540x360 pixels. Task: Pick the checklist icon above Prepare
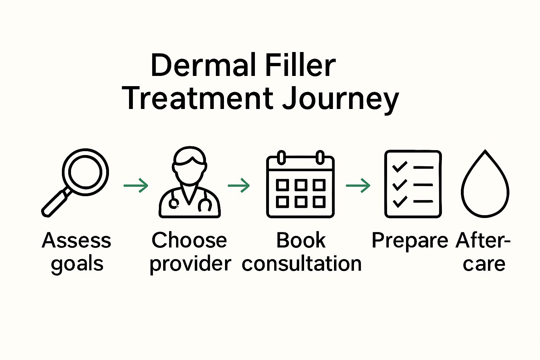pyautogui.click(x=413, y=184)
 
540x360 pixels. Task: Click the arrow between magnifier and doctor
pyautogui.click(x=136, y=185)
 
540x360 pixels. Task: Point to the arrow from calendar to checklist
pyautogui.click(x=358, y=185)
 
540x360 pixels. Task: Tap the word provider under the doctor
pyautogui.click(x=190, y=264)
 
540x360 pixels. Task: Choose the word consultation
pyautogui.click(x=301, y=264)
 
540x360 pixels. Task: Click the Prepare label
pyautogui.click(x=410, y=241)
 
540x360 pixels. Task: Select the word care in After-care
pyautogui.click(x=484, y=264)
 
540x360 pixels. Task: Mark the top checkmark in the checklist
pyautogui.click(x=399, y=167)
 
